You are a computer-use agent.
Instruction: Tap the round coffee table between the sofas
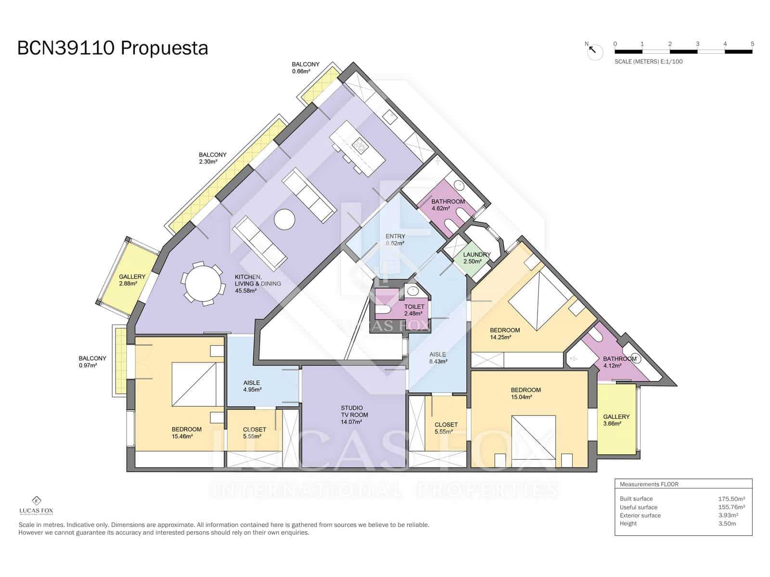click(x=284, y=219)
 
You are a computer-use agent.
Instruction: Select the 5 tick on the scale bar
click(x=752, y=44)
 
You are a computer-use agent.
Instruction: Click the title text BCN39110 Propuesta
click(x=113, y=48)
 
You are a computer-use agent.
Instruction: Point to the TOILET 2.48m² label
click(x=414, y=310)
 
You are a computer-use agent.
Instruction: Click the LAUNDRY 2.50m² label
click(x=476, y=258)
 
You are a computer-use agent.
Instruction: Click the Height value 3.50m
click(x=727, y=524)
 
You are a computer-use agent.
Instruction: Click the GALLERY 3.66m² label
click(x=616, y=420)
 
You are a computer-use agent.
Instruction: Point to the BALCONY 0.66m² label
click(x=305, y=68)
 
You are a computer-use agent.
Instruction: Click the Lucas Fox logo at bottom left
click(x=36, y=505)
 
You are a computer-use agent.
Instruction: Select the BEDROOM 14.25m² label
click(x=504, y=334)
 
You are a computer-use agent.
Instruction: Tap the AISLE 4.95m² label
click(x=252, y=386)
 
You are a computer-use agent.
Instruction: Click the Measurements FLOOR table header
click(x=649, y=484)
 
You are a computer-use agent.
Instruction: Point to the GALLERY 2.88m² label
click(x=131, y=280)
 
